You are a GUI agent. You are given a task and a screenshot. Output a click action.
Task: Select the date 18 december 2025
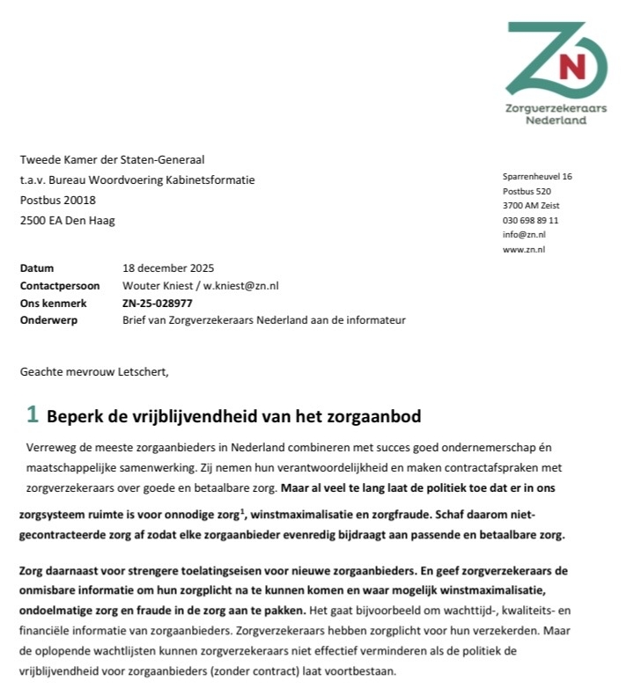click(168, 268)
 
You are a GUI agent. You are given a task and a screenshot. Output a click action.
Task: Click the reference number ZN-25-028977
click(158, 303)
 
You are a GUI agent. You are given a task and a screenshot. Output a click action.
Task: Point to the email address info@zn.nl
click(524, 235)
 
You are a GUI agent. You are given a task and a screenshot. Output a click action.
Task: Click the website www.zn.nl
click(524, 250)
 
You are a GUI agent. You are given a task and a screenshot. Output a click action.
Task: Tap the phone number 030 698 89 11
click(530, 220)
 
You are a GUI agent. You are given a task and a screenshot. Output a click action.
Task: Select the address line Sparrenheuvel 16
click(537, 176)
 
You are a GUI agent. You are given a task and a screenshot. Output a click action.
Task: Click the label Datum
click(37, 268)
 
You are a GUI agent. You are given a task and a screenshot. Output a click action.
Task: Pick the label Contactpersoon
click(60, 286)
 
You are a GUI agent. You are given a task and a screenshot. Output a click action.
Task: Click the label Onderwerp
click(48, 320)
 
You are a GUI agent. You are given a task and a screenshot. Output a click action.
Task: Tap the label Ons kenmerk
click(51, 303)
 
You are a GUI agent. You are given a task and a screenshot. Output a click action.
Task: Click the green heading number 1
click(32, 415)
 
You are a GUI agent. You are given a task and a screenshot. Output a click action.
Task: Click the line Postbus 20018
click(58, 201)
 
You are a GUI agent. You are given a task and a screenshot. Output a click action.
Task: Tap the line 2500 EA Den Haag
click(68, 221)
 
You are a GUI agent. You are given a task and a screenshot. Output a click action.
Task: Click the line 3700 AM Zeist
click(531, 206)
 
